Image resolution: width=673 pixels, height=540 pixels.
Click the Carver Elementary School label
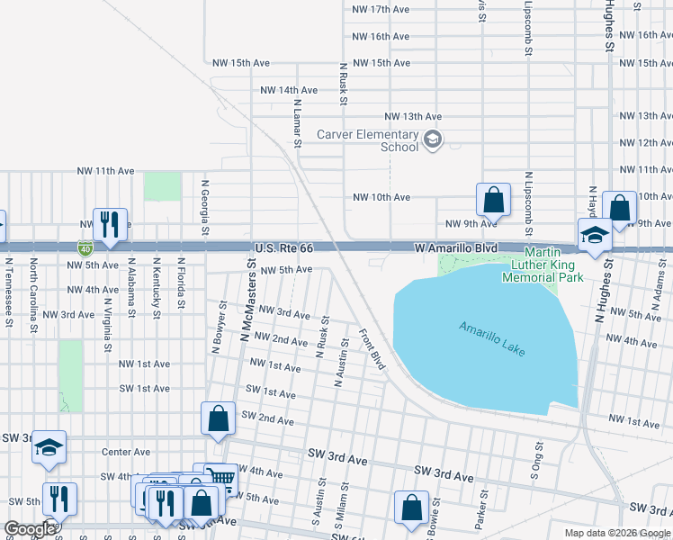pyautogui.click(x=367, y=141)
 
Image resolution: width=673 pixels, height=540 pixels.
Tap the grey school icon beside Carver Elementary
pyautogui.click(x=433, y=139)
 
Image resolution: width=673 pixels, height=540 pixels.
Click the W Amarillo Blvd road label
pyautogui.click(x=455, y=247)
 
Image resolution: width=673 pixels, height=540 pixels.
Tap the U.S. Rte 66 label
pyautogui.click(x=284, y=247)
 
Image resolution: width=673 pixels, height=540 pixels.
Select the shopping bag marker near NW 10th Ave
pyautogui.click(x=493, y=199)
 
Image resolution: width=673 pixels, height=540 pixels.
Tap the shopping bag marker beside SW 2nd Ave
pyautogui.click(x=218, y=418)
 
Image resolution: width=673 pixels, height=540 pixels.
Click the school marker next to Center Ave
pyautogui.click(x=49, y=446)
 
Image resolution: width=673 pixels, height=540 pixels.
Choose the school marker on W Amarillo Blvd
pyautogui.click(x=595, y=236)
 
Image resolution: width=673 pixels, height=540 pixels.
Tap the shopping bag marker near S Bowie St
pyautogui.click(x=411, y=508)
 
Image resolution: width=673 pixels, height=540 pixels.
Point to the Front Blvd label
pyautogui.click(x=372, y=349)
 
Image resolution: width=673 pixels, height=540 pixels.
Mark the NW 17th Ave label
pyautogui.click(x=381, y=9)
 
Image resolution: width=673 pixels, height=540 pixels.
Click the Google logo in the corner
pyautogui.click(x=30, y=529)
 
